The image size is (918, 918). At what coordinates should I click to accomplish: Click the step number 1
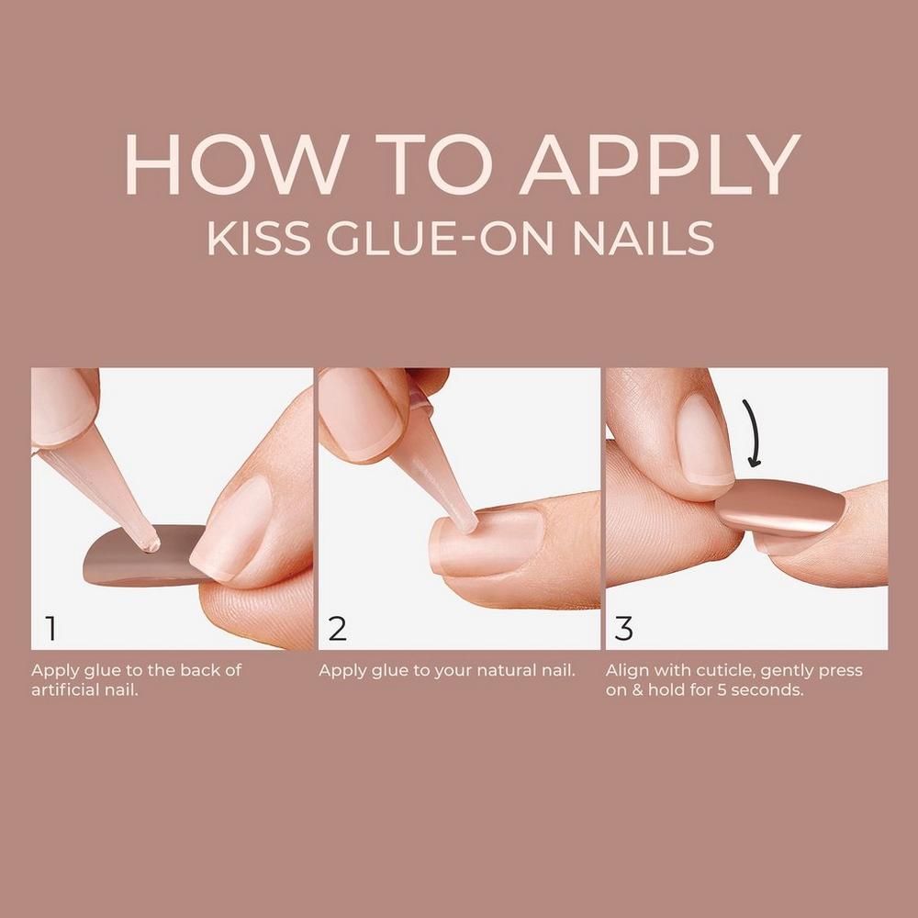[50, 629]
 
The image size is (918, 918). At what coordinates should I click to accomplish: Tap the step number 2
[338, 629]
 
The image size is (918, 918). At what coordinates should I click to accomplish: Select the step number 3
[624, 629]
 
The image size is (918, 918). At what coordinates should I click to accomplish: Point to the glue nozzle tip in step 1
[150, 543]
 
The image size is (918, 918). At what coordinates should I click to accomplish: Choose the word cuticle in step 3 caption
[712, 670]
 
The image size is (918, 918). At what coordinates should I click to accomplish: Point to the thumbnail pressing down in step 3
[705, 441]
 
